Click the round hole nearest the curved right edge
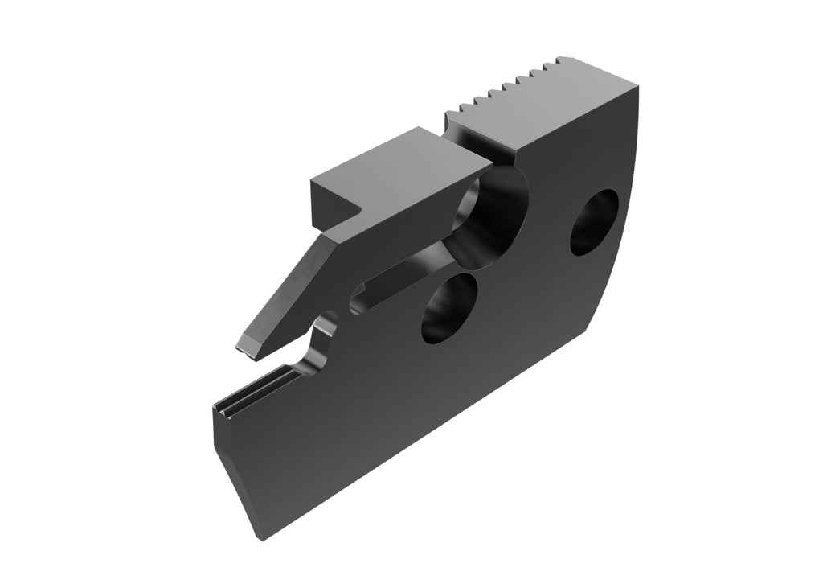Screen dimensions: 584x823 (x=594, y=222)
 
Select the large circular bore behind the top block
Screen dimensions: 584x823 (x=490, y=213)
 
